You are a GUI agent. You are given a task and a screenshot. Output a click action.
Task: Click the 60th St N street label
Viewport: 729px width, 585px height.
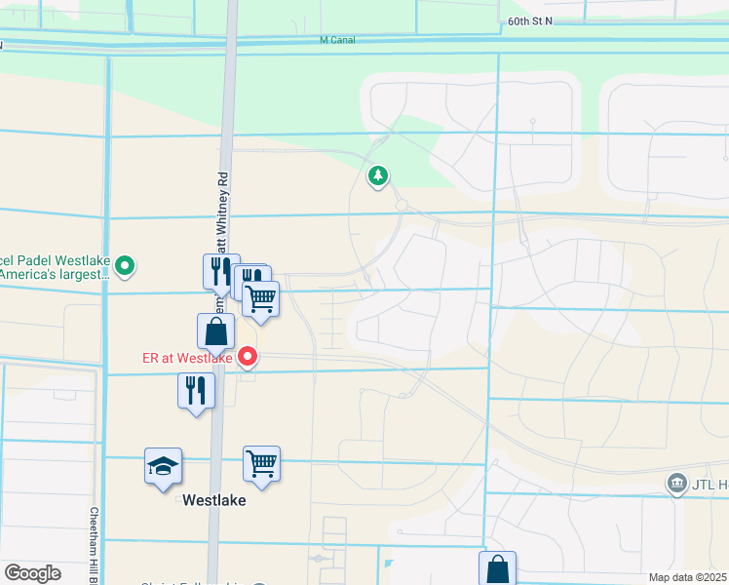[x=530, y=19]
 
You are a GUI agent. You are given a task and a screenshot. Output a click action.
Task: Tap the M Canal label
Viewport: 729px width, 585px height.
[x=337, y=40]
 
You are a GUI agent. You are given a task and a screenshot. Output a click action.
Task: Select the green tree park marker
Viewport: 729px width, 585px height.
[x=378, y=176]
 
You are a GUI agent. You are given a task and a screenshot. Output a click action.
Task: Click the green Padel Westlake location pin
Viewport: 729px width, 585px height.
[x=124, y=264]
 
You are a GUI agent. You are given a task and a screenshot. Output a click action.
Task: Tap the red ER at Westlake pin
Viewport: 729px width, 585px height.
[x=248, y=357]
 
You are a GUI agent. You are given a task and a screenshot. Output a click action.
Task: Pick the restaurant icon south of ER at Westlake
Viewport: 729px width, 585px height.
[x=196, y=391]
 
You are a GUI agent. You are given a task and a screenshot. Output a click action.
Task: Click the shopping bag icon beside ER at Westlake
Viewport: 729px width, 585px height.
[x=215, y=331]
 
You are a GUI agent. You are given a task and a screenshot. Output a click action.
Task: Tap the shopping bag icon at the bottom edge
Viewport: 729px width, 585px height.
[x=497, y=568]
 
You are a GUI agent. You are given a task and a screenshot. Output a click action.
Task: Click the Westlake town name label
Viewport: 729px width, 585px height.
[x=214, y=499]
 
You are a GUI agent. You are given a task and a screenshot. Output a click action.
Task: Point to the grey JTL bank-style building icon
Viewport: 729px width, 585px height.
[x=675, y=485]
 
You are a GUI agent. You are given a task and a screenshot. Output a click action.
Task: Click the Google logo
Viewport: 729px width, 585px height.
[x=32, y=573]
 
